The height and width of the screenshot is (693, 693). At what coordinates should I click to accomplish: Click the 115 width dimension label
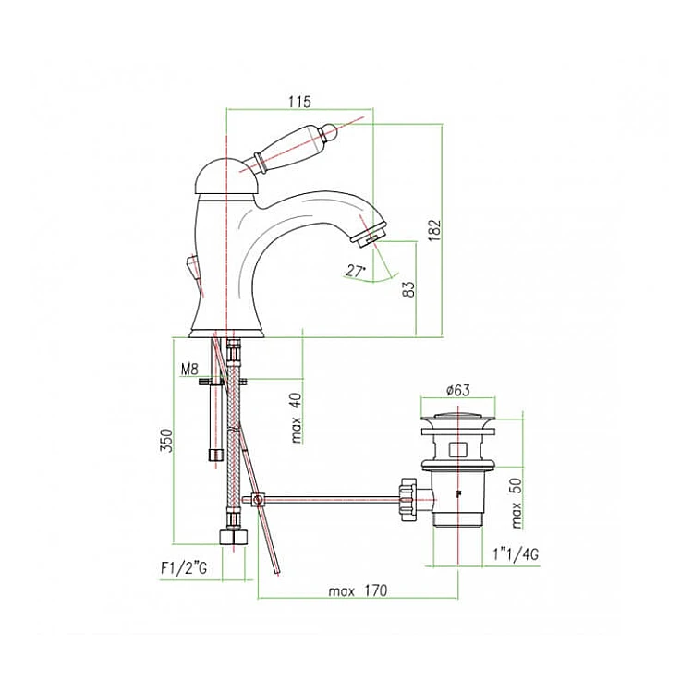tap(299, 102)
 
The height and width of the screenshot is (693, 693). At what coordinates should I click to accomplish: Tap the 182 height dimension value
tap(435, 229)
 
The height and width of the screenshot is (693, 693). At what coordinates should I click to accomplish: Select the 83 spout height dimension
tap(409, 289)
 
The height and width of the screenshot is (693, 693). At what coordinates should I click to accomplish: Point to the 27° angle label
tap(356, 271)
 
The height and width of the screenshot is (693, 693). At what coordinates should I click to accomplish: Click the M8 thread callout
tap(189, 369)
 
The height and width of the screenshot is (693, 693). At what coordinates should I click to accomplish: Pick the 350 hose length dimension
tap(166, 441)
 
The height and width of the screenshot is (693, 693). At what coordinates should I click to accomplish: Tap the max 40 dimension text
tap(296, 418)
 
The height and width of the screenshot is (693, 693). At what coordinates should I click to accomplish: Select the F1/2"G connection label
tap(184, 568)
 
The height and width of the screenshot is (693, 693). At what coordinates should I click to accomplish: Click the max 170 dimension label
tap(358, 591)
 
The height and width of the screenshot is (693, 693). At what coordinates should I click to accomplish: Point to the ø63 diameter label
tap(458, 390)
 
